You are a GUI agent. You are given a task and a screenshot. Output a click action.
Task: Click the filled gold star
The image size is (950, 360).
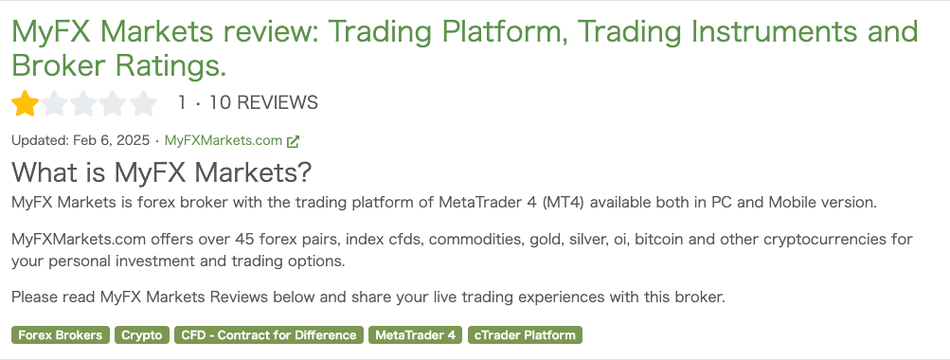point(25,103)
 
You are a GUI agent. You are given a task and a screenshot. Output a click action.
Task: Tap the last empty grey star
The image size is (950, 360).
point(144,103)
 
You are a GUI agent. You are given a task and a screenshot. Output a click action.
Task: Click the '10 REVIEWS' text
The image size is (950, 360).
point(263,103)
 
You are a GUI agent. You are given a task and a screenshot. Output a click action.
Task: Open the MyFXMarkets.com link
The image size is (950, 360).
point(224,140)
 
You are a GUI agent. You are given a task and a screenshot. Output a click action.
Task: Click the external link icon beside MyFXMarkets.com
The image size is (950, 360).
point(294,141)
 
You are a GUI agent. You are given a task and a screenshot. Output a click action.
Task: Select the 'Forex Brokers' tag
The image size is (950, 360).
point(61,335)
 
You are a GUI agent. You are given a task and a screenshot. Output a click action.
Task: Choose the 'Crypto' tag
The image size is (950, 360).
point(142,335)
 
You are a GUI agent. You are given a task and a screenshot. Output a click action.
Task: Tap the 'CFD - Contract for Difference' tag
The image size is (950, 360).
point(269,335)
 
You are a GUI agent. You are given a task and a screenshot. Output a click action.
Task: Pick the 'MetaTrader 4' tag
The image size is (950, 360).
point(415,335)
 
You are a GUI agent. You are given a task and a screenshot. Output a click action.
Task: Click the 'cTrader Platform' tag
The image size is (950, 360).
point(525,335)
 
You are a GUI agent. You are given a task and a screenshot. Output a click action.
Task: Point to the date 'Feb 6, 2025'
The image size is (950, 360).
point(111,140)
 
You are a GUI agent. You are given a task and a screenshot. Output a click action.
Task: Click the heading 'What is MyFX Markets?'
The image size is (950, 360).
point(161,172)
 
